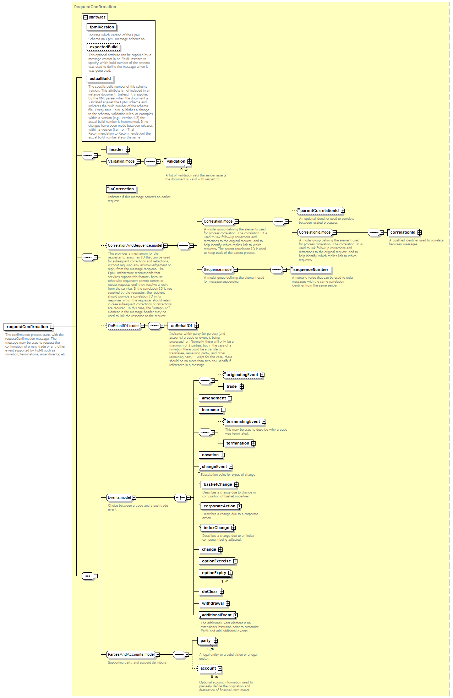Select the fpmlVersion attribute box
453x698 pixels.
pyautogui.click(x=102, y=27)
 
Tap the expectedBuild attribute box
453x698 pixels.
pyautogui.click(x=103, y=47)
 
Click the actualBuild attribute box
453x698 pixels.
pyautogui.click(x=100, y=78)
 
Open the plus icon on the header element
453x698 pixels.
pyautogui.click(x=128, y=150)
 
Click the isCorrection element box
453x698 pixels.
pyautogui.click(x=121, y=189)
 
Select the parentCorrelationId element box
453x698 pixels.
pyautogui.click(x=321, y=211)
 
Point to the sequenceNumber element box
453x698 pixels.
pyautogui.click(x=311, y=269)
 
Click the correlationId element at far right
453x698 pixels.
pyautogui.click(x=404, y=232)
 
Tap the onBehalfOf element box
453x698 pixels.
pyautogui.click(x=183, y=326)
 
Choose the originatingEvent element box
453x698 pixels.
pyautogui.click(x=244, y=375)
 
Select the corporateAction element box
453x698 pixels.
pyautogui.click(x=221, y=506)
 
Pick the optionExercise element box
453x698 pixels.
pyautogui.click(x=218, y=561)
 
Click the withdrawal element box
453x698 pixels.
pyautogui.click(x=214, y=603)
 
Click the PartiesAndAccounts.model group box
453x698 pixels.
pyautogui.click(x=133, y=654)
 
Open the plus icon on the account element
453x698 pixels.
pyautogui.click(x=220, y=669)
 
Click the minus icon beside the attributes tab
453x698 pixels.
pyautogui.click(x=85, y=17)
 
